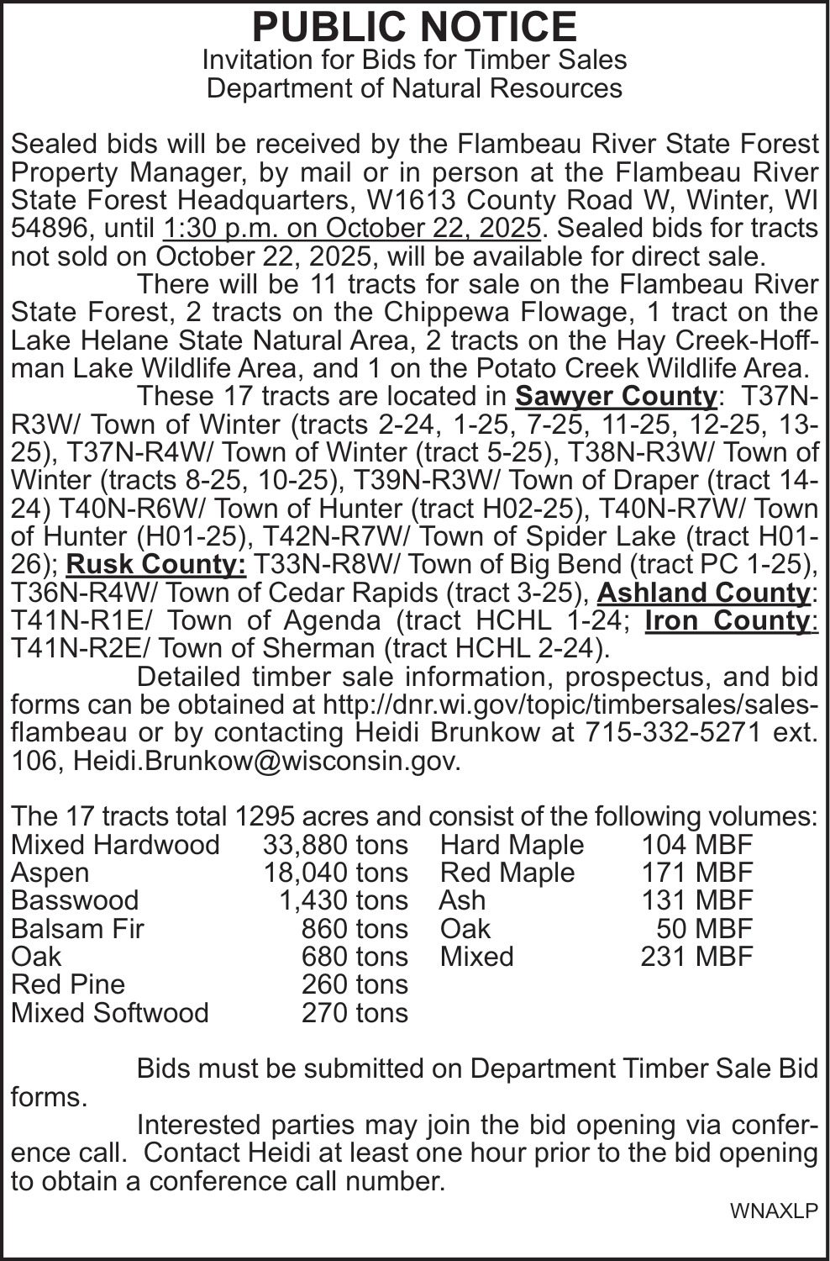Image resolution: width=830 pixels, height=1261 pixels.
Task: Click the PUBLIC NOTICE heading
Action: tap(414, 27)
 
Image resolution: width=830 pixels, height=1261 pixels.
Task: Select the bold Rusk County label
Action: tap(156, 564)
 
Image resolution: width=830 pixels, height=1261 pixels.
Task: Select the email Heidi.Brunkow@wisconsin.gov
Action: tap(267, 761)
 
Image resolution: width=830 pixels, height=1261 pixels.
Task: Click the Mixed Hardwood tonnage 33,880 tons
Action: tap(335, 844)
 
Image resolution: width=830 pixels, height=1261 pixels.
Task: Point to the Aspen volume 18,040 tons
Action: tap(335, 873)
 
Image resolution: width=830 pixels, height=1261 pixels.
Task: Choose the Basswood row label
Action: tap(75, 900)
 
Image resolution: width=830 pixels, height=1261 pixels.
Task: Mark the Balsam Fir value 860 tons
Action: tap(355, 928)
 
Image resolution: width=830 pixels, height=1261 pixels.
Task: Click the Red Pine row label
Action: tap(68, 984)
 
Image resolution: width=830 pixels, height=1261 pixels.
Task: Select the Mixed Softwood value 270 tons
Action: tap(355, 1012)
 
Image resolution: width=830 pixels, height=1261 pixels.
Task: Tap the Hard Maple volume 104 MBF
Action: tap(697, 844)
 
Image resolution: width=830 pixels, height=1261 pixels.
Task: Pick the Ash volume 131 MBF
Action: tap(697, 900)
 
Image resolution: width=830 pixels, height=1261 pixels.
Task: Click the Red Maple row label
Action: tap(507, 873)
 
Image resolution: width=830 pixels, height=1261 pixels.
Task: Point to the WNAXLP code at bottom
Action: tap(773, 1211)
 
